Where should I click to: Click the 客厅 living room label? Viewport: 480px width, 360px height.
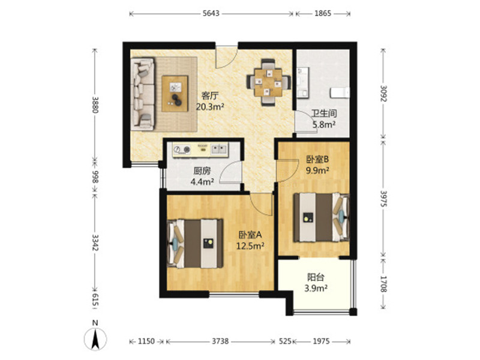tap(209, 96)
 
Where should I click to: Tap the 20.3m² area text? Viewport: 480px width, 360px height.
tap(210, 107)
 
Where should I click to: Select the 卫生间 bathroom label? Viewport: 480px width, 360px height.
tap(324, 113)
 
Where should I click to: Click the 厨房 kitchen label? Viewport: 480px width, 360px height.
tap(202, 171)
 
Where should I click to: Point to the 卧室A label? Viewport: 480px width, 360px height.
tap(250, 235)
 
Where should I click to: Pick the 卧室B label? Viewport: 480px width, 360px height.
tap(317, 159)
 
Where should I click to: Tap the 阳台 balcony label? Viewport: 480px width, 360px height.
tap(316, 277)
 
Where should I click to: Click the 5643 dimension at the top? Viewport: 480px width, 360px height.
tap(211, 13)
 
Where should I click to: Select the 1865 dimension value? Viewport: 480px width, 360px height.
tap(323, 13)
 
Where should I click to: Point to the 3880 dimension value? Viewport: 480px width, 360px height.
tap(95, 104)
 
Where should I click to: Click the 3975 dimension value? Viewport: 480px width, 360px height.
tap(383, 199)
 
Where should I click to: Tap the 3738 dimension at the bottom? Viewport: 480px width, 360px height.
tap(220, 341)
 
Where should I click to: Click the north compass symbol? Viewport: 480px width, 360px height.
tap(95, 338)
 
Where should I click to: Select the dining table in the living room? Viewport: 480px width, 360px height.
tap(268, 82)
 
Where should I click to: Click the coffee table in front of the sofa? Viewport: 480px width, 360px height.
tap(175, 94)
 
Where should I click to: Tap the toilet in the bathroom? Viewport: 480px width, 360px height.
tap(340, 92)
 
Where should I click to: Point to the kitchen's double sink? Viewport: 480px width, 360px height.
tap(219, 149)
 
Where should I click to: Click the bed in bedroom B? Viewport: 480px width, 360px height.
tap(322, 217)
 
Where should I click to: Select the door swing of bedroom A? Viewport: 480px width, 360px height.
tap(260, 204)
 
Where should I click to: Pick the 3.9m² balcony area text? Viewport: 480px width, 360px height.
tap(316, 288)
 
